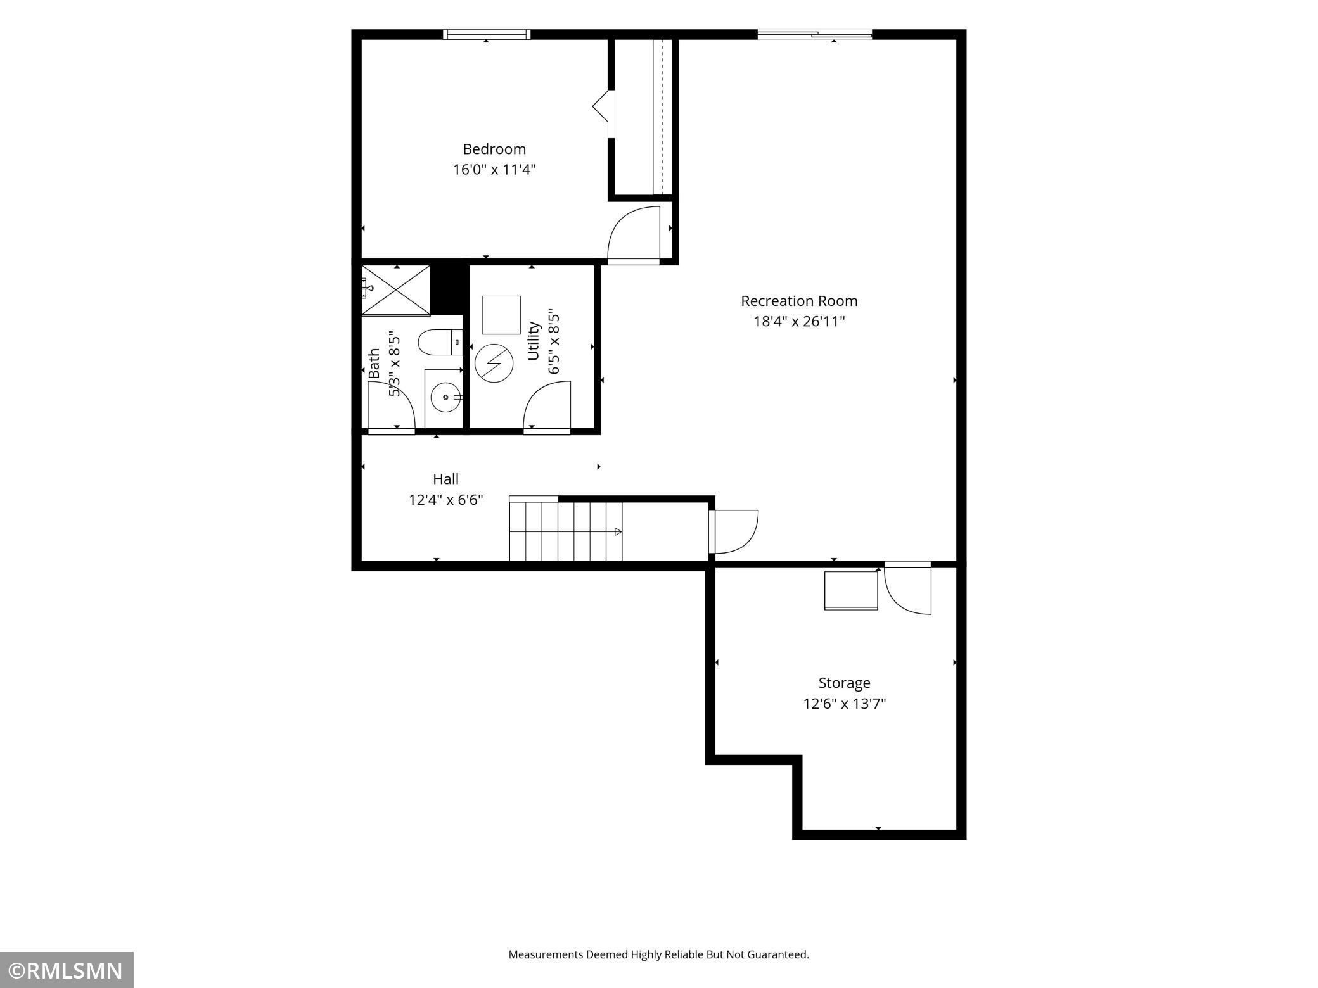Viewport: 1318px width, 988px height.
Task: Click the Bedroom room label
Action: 494,149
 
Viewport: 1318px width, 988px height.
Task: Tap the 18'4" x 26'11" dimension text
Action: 799,321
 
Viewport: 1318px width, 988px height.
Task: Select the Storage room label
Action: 844,683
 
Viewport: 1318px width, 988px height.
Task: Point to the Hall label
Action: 445,479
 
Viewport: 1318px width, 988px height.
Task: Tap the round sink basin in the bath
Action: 445,398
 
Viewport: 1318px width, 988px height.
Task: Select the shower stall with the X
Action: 395,289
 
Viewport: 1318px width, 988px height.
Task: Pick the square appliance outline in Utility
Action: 501,315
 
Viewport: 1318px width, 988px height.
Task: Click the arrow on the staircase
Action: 618,532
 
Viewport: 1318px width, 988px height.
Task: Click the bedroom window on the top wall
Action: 486,34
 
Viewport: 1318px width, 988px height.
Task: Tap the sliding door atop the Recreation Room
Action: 815,34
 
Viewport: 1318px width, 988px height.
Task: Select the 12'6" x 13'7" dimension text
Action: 845,704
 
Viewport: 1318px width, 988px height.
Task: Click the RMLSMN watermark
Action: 67,970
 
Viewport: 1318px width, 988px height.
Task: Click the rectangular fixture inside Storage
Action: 851,591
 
